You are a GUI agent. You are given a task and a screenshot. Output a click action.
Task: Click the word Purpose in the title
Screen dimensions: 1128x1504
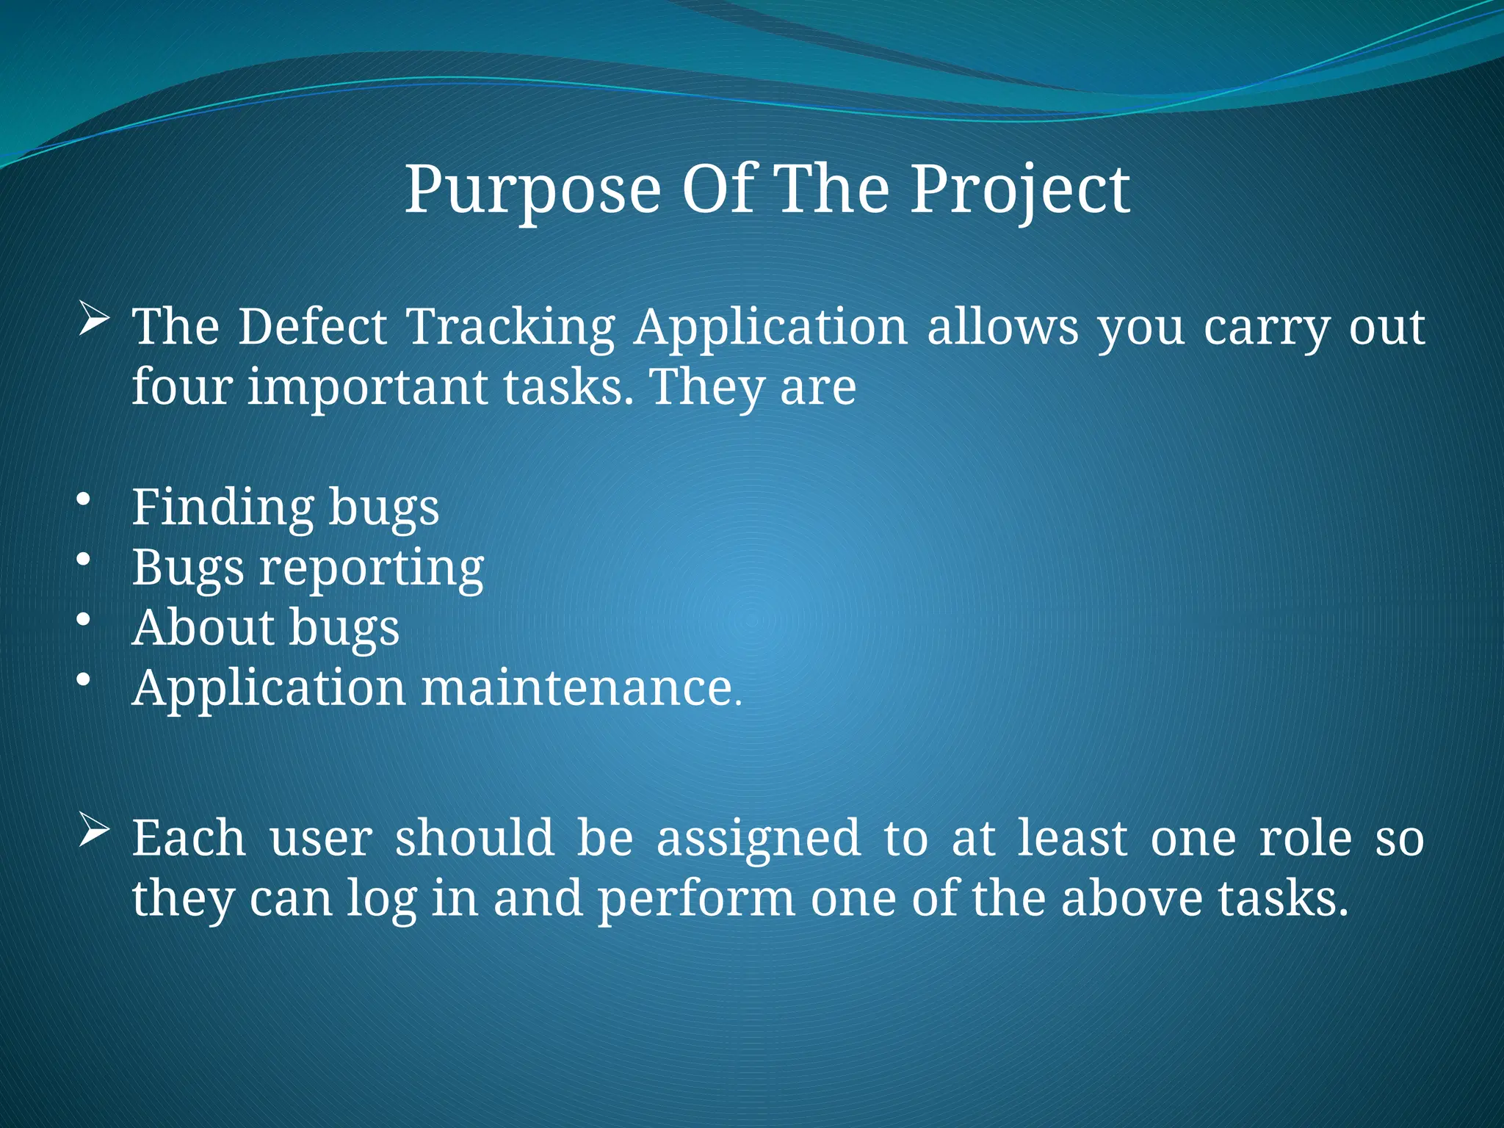(x=532, y=191)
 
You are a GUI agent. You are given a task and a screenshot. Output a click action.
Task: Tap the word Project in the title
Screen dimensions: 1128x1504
(x=1020, y=191)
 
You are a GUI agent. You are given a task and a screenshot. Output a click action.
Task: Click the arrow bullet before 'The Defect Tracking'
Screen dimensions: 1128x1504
(x=94, y=321)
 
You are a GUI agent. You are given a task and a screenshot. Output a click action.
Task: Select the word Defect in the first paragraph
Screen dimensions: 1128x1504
(x=313, y=327)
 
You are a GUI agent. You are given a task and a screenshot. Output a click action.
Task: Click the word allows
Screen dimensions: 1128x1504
(x=1002, y=327)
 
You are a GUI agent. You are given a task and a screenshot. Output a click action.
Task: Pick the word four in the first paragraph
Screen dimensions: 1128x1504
(x=181, y=387)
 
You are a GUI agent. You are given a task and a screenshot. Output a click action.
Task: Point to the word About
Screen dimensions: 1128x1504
(x=203, y=629)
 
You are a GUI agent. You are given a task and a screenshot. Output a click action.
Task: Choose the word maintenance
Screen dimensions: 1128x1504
(x=577, y=689)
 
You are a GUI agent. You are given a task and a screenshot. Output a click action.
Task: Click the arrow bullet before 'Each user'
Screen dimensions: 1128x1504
(x=94, y=832)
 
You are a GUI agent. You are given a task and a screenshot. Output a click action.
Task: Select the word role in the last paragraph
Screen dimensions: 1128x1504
(x=1305, y=839)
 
